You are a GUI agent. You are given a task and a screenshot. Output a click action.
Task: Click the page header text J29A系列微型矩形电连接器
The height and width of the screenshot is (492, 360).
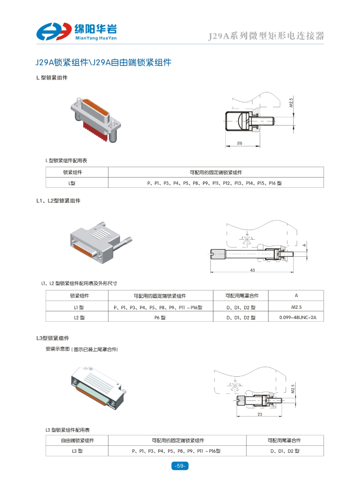pyautogui.click(x=265, y=36)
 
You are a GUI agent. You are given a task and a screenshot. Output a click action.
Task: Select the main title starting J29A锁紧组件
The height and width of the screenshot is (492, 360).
pyautogui.click(x=103, y=63)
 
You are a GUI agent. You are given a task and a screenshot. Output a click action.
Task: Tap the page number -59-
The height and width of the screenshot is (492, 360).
pyautogui.click(x=180, y=466)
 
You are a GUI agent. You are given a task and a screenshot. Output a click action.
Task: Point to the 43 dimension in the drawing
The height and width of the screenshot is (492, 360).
pyautogui.click(x=252, y=270)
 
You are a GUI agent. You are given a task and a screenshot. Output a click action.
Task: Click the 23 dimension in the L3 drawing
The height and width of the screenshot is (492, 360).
pyautogui.click(x=260, y=414)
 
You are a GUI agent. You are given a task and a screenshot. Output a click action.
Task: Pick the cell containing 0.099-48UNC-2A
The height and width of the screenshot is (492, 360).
pyautogui.click(x=296, y=318)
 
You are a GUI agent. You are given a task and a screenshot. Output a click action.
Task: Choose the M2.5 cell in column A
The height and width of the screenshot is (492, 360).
pyautogui.click(x=296, y=307)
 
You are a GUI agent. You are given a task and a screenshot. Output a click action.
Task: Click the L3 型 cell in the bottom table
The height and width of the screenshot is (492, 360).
pyautogui.click(x=77, y=451)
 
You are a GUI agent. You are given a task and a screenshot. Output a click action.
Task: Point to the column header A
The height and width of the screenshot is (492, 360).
pyautogui.click(x=296, y=295)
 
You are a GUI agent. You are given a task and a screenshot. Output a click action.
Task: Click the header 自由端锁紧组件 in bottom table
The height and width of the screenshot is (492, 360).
pyautogui.click(x=77, y=441)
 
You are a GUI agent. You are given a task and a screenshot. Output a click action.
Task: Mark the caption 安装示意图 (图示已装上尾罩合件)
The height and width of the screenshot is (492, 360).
pyautogui.click(x=82, y=349)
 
